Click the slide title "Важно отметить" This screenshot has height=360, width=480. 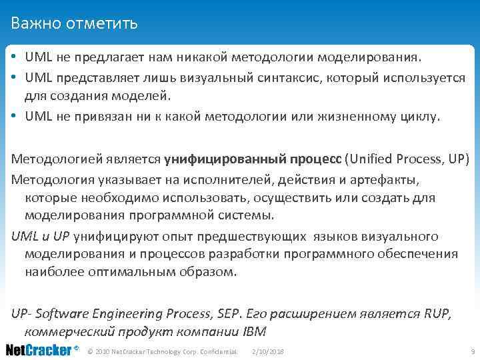(x=74, y=24)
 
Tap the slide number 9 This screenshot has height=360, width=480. (x=472, y=351)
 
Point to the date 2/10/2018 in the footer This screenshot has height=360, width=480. (x=268, y=351)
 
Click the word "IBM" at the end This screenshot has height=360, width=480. (x=255, y=331)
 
